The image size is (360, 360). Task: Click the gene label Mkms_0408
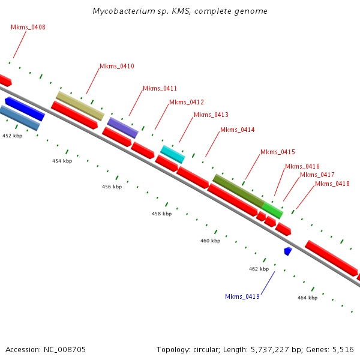click(x=28, y=28)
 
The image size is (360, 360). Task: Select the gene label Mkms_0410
click(x=117, y=67)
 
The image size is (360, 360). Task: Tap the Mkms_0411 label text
click(x=160, y=89)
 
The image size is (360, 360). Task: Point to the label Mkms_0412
click(x=187, y=102)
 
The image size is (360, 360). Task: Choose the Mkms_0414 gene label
click(x=238, y=130)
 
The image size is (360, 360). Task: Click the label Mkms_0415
click(x=278, y=152)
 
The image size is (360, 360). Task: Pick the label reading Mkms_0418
click(x=332, y=184)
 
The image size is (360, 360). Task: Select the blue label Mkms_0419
click(x=242, y=297)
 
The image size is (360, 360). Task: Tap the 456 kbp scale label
click(x=112, y=187)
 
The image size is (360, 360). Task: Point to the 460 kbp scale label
click(x=210, y=241)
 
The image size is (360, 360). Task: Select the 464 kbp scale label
click(x=307, y=298)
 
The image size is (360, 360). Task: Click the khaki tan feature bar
click(x=80, y=106)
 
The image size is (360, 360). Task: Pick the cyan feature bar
click(x=172, y=154)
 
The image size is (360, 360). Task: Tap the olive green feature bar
click(x=238, y=191)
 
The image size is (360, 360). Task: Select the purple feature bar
click(x=122, y=127)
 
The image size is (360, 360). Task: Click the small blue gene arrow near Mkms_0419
click(x=288, y=251)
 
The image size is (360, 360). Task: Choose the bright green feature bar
click(x=272, y=210)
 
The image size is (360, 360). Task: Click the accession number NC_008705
click(x=65, y=349)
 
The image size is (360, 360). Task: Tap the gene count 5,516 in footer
click(x=343, y=349)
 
